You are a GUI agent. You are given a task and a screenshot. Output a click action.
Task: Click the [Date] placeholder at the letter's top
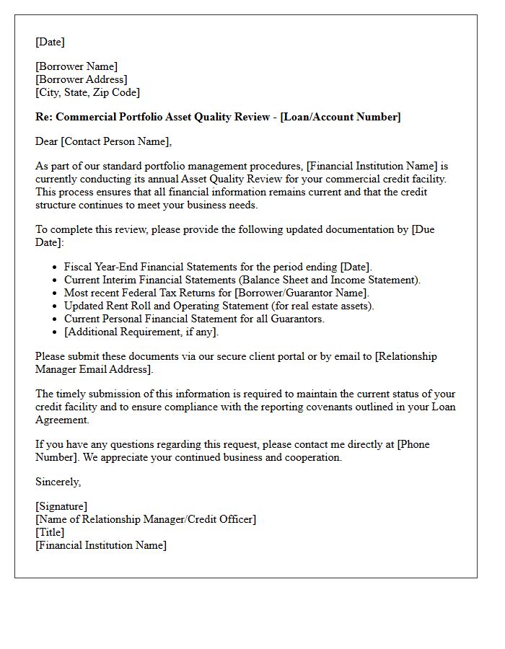[x=50, y=42]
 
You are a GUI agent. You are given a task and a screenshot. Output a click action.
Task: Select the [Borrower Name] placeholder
[x=76, y=67]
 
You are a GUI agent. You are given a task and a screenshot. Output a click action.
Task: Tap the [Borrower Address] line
[x=81, y=79]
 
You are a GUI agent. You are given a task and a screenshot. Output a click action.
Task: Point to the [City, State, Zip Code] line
[x=87, y=92]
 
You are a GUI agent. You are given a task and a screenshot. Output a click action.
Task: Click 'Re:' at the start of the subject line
[x=44, y=117]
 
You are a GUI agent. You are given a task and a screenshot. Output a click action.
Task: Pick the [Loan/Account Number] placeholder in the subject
[x=341, y=117]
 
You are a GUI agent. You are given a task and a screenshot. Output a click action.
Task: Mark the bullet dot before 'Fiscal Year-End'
[x=56, y=268]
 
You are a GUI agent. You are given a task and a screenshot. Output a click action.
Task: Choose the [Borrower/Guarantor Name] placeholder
[x=302, y=293]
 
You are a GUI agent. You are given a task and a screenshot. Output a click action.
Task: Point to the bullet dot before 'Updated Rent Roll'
[x=56, y=306]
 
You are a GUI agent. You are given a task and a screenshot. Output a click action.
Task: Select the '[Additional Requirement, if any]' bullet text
[x=141, y=332]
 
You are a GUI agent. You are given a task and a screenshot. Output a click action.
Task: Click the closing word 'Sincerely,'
[x=58, y=482]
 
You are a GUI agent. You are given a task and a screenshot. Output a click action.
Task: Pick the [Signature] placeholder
[x=61, y=506]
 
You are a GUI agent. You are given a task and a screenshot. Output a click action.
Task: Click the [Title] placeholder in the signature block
[x=50, y=532]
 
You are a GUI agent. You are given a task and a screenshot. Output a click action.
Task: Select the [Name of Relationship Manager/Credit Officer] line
[x=146, y=519]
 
